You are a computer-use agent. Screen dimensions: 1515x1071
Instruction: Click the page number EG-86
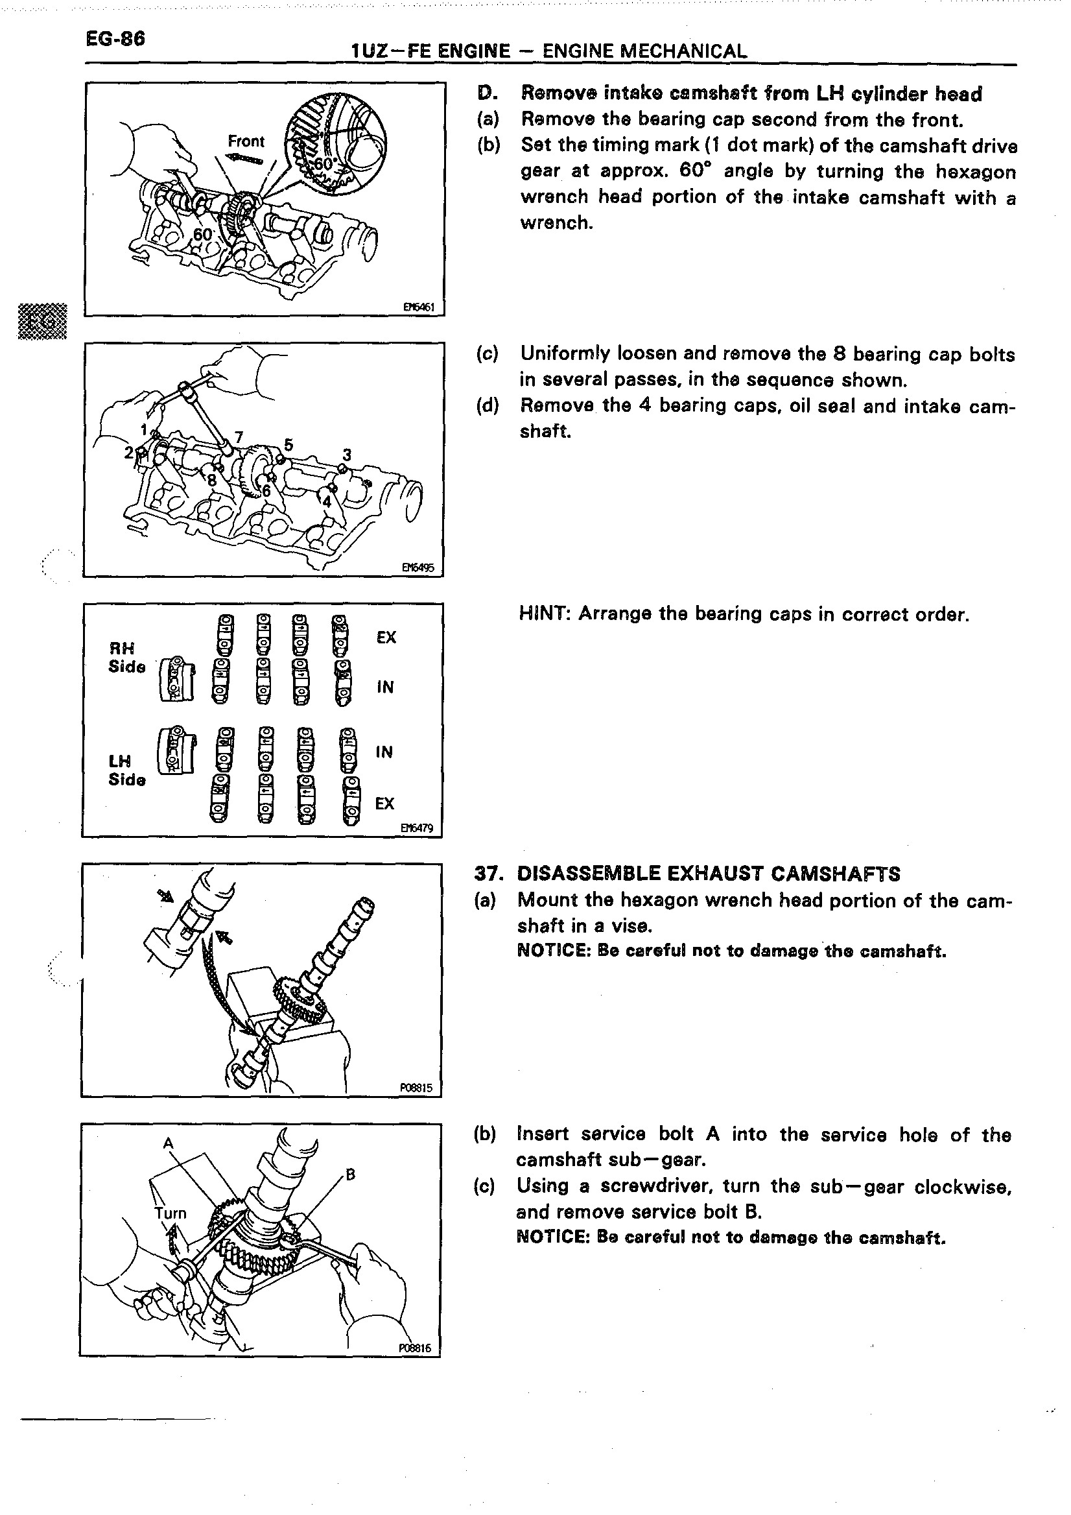click(x=115, y=39)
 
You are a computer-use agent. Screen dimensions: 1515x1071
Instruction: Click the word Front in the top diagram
click(x=245, y=141)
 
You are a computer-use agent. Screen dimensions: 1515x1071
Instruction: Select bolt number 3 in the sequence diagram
click(x=347, y=455)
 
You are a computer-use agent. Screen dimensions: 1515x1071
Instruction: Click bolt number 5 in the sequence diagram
click(x=288, y=444)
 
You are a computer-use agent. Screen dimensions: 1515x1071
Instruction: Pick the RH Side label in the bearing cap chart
click(x=126, y=657)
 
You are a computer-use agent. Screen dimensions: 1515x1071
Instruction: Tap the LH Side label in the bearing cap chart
click(x=126, y=770)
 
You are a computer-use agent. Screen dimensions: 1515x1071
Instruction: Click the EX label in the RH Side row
click(x=386, y=638)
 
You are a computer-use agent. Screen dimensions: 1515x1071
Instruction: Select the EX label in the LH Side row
click(x=384, y=803)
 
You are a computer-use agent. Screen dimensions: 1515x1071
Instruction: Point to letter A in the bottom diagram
click(x=168, y=1143)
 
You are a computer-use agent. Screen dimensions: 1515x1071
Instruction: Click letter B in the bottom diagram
click(x=350, y=1174)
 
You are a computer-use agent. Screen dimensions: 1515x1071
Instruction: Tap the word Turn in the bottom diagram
click(x=171, y=1213)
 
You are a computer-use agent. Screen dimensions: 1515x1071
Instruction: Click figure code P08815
click(x=416, y=1088)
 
